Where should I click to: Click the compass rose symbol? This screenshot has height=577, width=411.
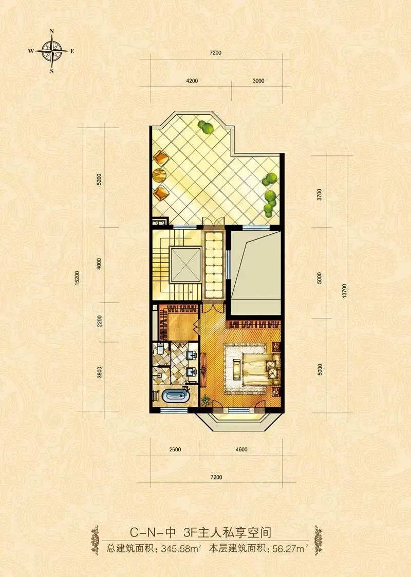(x=51, y=51)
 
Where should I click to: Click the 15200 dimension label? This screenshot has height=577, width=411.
(x=77, y=278)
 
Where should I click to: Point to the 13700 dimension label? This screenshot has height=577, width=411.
(x=344, y=291)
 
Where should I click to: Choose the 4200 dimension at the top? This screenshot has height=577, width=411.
(x=192, y=81)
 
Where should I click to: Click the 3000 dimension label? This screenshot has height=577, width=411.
(x=258, y=81)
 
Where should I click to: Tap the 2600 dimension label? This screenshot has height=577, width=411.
(x=175, y=449)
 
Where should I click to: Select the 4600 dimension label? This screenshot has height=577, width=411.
(x=241, y=449)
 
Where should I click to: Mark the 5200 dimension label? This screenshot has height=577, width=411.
(x=99, y=179)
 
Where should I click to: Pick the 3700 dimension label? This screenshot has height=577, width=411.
(x=320, y=194)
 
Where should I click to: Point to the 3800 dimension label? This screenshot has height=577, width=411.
(x=99, y=372)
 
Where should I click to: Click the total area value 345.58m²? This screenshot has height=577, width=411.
(x=181, y=549)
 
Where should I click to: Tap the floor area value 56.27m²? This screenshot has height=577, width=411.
(x=290, y=549)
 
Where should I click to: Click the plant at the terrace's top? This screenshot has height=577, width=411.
(x=206, y=127)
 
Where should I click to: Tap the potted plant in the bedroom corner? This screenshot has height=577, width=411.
(x=206, y=399)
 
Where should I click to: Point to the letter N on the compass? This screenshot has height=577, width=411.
(x=52, y=31)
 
